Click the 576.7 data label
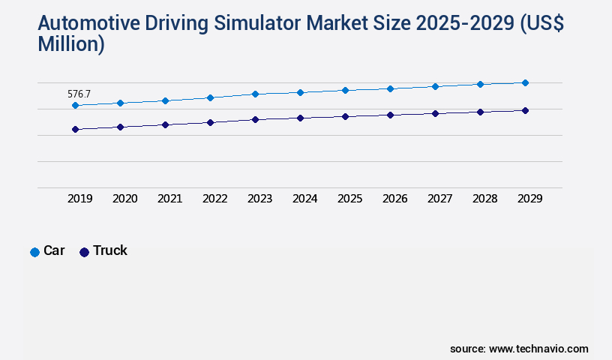tap(79, 94)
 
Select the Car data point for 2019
tap(75, 106)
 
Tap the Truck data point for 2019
tap(75, 130)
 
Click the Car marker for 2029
tap(525, 82)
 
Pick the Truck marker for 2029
tap(525, 110)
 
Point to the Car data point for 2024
tap(300, 92)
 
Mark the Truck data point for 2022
tap(210, 122)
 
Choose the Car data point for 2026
tap(390, 88)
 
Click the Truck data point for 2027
tap(435, 113)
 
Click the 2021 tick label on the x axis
tap(170, 199)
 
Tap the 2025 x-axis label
tap(350, 199)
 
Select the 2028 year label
tap(485, 199)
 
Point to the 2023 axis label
tap(260, 199)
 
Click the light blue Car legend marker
tap(34, 252)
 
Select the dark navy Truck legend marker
tap(84, 252)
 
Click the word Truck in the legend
tap(110, 250)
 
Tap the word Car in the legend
tap(54, 250)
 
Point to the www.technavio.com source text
tap(538, 349)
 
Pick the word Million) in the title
tap(71, 44)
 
